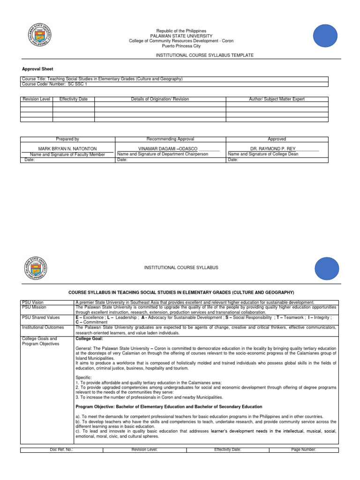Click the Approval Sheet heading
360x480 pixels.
(37, 69)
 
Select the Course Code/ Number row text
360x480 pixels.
(54, 84)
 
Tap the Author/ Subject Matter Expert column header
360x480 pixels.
(277, 99)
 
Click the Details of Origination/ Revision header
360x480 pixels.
(160, 99)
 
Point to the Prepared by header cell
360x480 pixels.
(67, 139)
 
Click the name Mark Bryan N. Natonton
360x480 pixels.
(67, 149)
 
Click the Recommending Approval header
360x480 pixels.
(170, 139)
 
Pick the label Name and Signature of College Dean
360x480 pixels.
(262, 154)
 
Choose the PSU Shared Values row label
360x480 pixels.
(41, 317)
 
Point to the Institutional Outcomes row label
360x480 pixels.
(43, 327)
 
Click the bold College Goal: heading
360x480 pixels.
(89, 338)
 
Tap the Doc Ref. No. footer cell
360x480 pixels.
(61, 450)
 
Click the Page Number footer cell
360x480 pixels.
(304, 450)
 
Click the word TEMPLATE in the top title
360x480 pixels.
(242, 55)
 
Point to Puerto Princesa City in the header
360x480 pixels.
(181, 46)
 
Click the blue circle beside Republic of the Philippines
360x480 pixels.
(325, 36)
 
